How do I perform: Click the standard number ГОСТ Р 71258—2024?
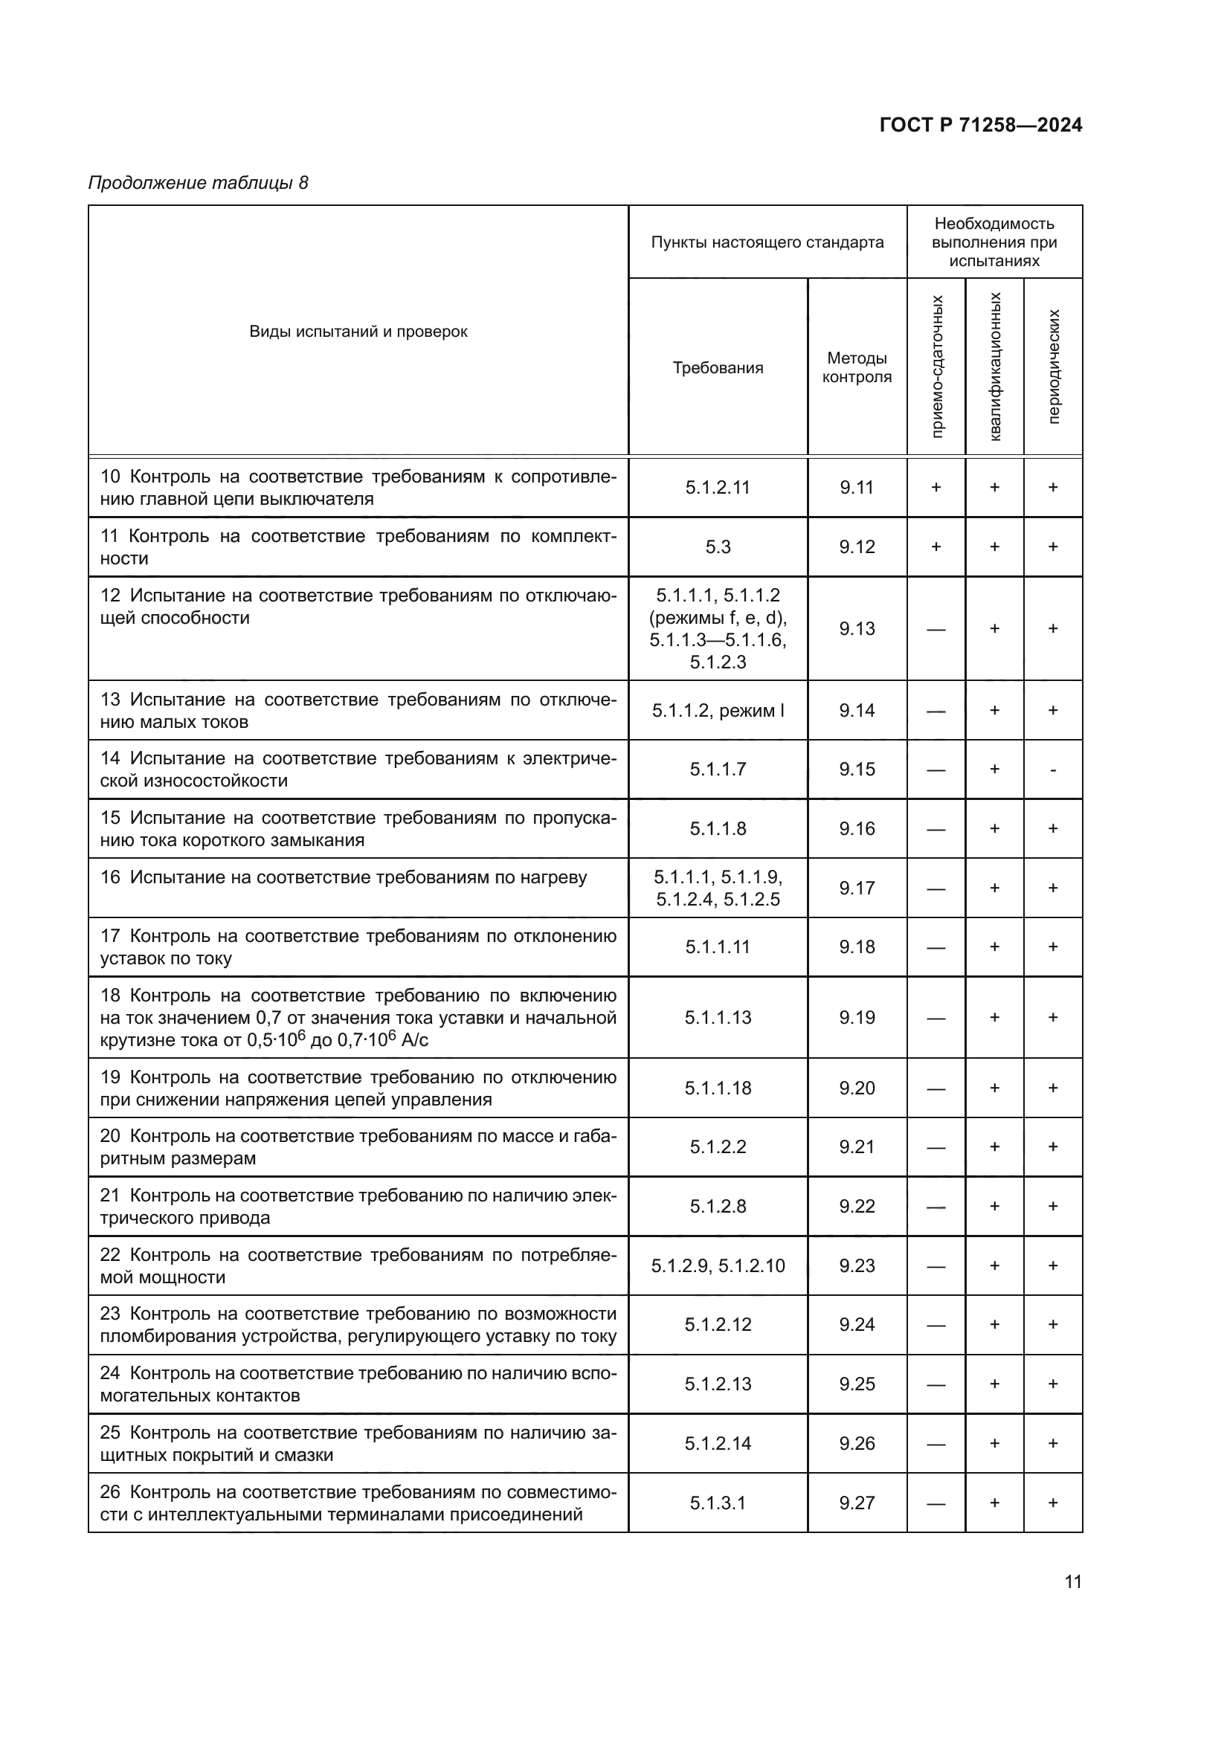(980, 126)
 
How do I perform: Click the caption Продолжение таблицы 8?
(199, 184)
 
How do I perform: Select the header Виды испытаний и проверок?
(358, 332)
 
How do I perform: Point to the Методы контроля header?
(857, 367)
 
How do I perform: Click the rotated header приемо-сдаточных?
(937, 367)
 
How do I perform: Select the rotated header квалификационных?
(995, 367)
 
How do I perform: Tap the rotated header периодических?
(1054, 367)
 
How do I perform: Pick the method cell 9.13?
(857, 629)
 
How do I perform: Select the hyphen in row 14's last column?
(1053, 770)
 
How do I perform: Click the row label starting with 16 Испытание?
(343, 878)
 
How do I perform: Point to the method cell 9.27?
(857, 1503)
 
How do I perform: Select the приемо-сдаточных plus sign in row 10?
(936, 488)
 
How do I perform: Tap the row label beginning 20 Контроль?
(358, 1147)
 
